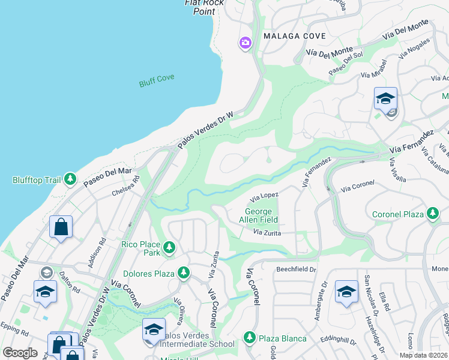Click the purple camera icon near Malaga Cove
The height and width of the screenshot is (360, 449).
point(245,43)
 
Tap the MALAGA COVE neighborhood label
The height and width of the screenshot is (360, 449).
point(294,37)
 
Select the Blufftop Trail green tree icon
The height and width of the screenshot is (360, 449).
point(70,179)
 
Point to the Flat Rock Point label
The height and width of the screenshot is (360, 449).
point(204,7)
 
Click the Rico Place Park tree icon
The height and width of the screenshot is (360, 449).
point(170,247)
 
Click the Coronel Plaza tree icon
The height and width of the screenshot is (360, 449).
point(432,214)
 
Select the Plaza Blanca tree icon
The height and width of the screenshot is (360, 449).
point(250,338)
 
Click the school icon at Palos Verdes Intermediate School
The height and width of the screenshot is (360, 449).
point(154,329)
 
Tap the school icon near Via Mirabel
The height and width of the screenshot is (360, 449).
point(385,98)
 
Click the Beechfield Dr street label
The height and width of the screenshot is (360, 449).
point(295,270)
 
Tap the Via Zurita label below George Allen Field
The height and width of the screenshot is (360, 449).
point(267,232)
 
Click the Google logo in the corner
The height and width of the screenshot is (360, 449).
point(20,353)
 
